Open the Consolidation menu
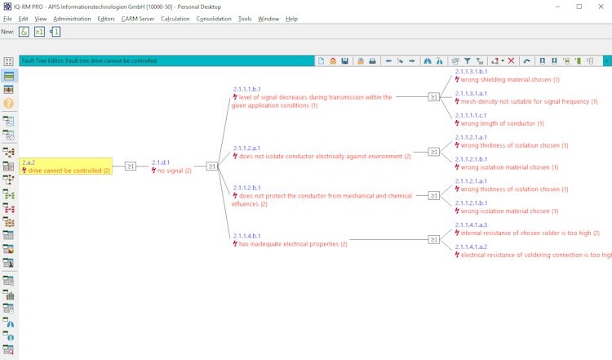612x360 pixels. click(x=214, y=19)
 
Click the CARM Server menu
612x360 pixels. click(x=138, y=19)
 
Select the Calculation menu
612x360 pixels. click(x=175, y=19)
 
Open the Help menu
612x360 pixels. click(x=291, y=19)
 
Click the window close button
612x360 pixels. click(x=601, y=7)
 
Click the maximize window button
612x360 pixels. click(x=579, y=7)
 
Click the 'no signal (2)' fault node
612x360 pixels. click(x=174, y=171)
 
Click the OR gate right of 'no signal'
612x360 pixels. click(x=211, y=167)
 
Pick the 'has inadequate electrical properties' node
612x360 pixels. click(x=292, y=244)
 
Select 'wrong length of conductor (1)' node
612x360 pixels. click(x=502, y=124)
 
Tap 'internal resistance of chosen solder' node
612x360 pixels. click(x=530, y=233)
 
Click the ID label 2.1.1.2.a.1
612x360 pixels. click(x=246, y=149)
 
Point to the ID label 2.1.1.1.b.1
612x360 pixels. click(x=246, y=89)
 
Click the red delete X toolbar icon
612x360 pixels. click(x=512, y=61)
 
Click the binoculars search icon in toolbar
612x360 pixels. click(x=428, y=61)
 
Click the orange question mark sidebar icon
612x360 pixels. click(x=9, y=104)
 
